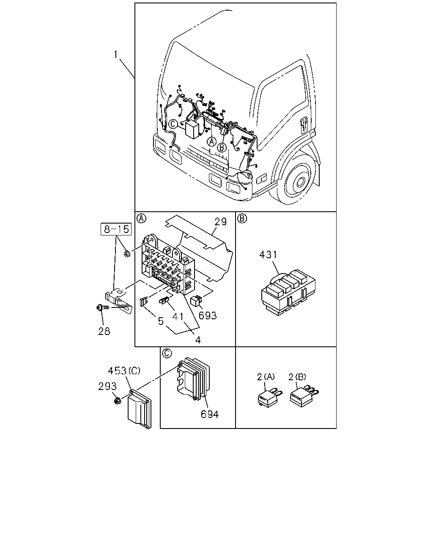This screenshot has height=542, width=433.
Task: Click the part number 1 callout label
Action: click(x=115, y=54)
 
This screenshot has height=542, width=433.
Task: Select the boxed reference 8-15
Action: click(x=116, y=229)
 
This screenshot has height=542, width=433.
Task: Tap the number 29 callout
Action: click(x=220, y=221)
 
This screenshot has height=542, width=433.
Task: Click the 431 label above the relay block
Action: click(x=268, y=254)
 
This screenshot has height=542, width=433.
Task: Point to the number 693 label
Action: click(x=208, y=315)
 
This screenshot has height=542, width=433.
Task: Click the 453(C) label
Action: click(x=124, y=371)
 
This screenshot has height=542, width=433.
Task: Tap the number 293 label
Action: click(x=107, y=386)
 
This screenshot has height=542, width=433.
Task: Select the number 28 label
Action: click(x=104, y=331)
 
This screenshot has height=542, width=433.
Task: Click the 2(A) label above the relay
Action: click(x=266, y=377)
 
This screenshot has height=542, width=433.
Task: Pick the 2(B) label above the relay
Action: click(x=297, y=377)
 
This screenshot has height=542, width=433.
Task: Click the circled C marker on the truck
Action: click(x=173, y=124)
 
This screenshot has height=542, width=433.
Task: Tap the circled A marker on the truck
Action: click(x=211, y=141)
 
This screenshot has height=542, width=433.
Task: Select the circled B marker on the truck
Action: click(x=222, y=147)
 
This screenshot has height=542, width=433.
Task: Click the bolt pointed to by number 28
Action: click(x=102, y=307)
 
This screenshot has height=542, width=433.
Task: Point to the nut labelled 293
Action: click(x=117, y=401)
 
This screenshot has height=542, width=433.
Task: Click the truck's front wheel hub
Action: click(x=300, y=182)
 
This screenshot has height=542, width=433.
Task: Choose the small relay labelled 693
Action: click(x=197, y=301)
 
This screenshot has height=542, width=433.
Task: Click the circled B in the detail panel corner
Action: click(x=242, y=218)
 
